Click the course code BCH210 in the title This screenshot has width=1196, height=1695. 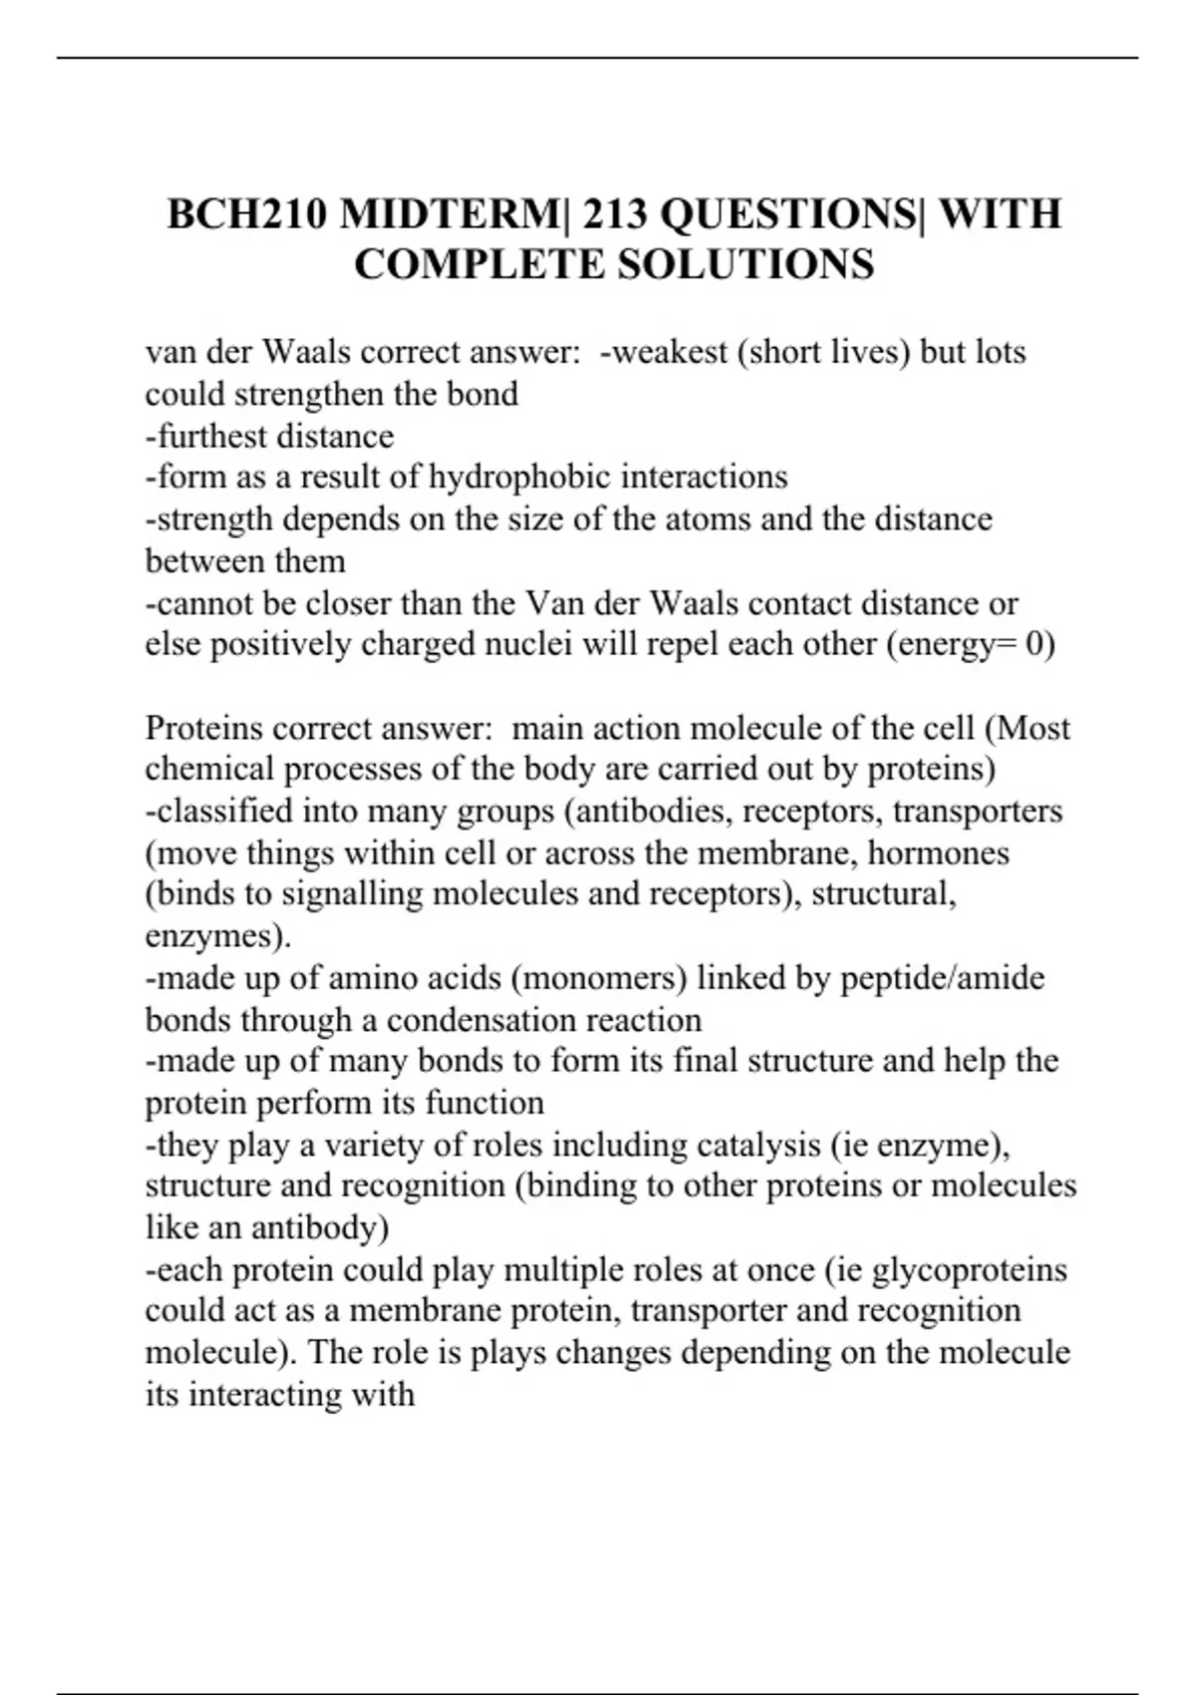coord(246,214)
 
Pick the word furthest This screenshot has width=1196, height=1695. coord(210,437)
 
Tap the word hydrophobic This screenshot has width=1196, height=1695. coord(519,478)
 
